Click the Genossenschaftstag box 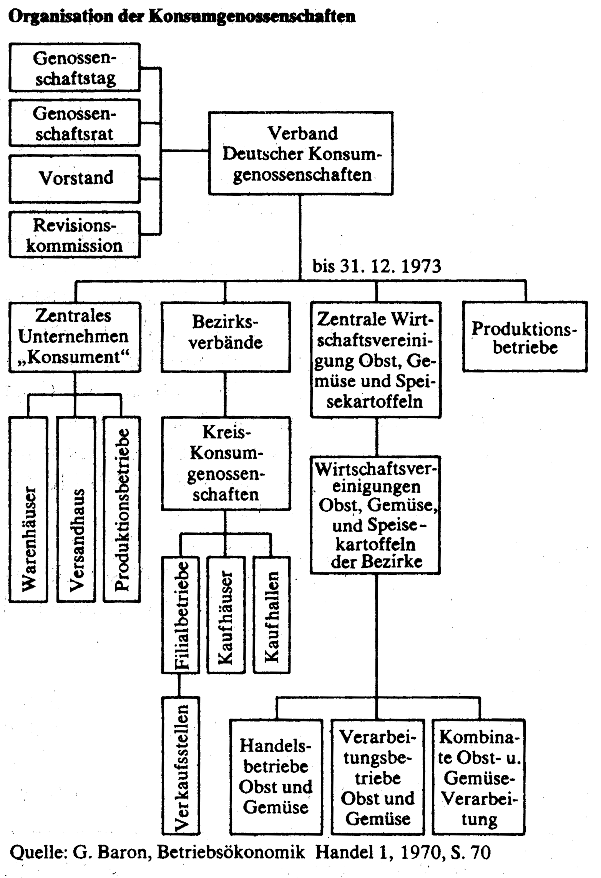(x=75, y=67)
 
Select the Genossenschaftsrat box (x=75, y=123)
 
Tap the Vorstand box (x=75, y=179)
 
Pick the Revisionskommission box (x=75, y=234)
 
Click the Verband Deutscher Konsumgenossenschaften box (x=301, y=153)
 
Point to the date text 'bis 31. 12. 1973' (x=377, y=266)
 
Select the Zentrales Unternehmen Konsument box (x=75, y=337)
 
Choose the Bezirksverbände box (x=226, y=337)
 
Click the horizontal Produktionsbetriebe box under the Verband (x=525, y=337)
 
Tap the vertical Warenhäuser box (x=28, y=509)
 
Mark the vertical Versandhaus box (x=76, y=509)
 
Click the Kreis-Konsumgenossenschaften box (x=226, y=464)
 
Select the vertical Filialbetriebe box (x=181, y=615)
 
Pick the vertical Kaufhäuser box (x=226, y=615)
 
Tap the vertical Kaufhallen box (x=272, y=615)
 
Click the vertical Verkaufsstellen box (x=181, y=766)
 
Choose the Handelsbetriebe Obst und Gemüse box (x=276, y=777)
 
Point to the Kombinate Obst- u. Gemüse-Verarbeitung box (x=479, y=777)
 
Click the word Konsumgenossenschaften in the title (x=252, y=17)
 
